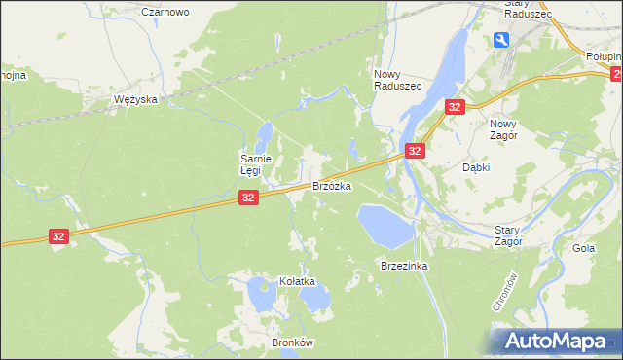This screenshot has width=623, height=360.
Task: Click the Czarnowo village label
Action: pos(165,12)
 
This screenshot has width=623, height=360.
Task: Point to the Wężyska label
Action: pos(135,100)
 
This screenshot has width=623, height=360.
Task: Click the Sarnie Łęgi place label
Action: pos(262,163)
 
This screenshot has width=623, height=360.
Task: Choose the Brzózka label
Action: pos(331,185)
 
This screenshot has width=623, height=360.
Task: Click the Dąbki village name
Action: pos(475,167)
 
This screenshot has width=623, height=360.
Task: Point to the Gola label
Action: pos(584,248)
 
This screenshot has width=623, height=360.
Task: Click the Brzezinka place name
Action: pos(404,265)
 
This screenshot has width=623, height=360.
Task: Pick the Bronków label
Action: pos(292,343)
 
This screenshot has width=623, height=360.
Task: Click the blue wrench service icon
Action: pos(500,40)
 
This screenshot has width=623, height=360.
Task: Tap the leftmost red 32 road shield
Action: pos(59,236)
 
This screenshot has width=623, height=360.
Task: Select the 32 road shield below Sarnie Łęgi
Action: pos(248,198)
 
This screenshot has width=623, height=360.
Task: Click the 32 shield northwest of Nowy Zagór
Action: pos(455,107)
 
